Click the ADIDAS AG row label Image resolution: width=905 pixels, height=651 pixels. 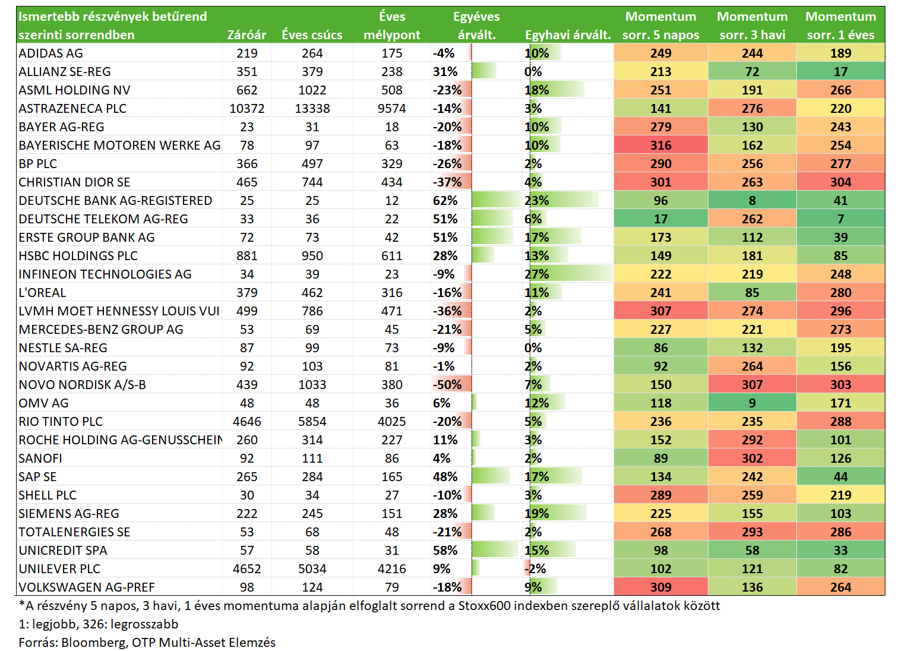pyautogui.click(x=50, y=53)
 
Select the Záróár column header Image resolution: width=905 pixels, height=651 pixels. pyautogui.click(x=246, y=35)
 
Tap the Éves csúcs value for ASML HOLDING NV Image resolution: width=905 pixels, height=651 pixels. pyautogui.click(x=312, y=90)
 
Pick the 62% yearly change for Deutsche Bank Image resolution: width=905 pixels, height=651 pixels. pyautogui.click(x=445, y=200)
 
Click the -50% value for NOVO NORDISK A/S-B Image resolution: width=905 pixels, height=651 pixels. pyautogui.click(x=447, y=384)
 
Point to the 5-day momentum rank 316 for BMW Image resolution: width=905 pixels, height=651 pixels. pyautogui.click(x=660, y=145)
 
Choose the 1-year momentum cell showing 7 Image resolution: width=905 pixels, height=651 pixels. pyautogui.click(x=840, y=219)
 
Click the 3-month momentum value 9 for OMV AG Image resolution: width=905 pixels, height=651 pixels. pyautogui.click(x=752, y=403)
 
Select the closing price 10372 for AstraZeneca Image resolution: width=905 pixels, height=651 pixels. pyautogui.click(x=247, y=108)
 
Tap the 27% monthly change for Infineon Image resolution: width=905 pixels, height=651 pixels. pyautogui.click(x=537, y=274)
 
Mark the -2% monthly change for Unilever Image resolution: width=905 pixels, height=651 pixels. pyautogui.click(x=535, y=568)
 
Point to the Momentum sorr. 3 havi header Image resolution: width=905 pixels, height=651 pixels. pyautogui.click(x=752, y=26)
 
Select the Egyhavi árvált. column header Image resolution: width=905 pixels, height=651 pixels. pyautogui.click(x=568, y=35)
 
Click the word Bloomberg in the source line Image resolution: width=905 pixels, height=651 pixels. pyautogui.click(x=93, y=642)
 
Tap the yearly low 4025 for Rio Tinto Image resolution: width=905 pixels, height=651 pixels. pyautogui.click(x=391, y=422)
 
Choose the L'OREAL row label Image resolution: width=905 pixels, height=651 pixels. pyautogui.click(x=42, y=292)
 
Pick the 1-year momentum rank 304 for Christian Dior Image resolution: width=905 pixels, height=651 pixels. pyautogui.click(x=840, y=182)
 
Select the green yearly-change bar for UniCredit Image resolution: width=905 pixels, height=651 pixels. pyautogui.click(x=495, y=550)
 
